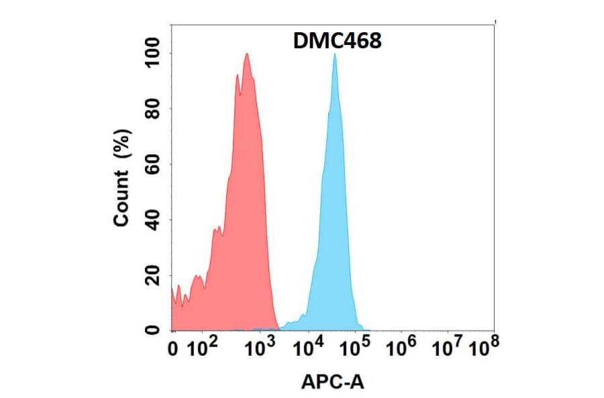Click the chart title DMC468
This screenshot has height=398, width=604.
pyautogui.click(x=338, y=41)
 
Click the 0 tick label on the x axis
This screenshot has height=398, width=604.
pyautogui.click(x=174, y=348)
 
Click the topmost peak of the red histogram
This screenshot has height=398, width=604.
pyautogui.click(x=247, y=54)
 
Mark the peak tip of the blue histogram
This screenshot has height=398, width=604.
pyautogui.click(x=334, y=54)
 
